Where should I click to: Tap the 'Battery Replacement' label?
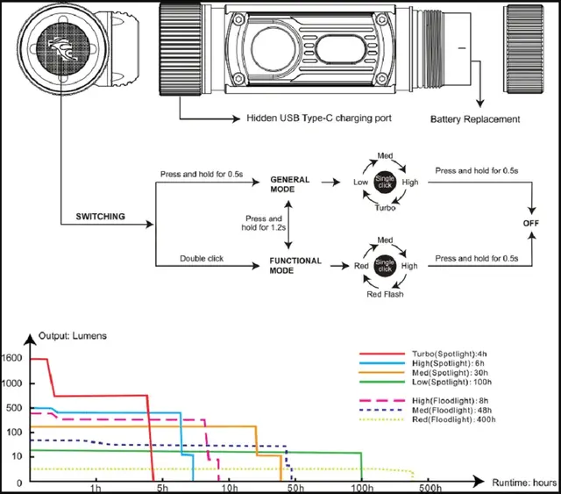[475, 118]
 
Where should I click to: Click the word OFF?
[531, 223]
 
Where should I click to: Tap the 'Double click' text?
[202, 258]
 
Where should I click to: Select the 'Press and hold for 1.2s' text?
[264, 225]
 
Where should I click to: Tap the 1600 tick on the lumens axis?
[18, 358]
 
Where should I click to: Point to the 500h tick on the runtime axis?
[430, 487]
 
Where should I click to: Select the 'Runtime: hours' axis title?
[522, 483]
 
